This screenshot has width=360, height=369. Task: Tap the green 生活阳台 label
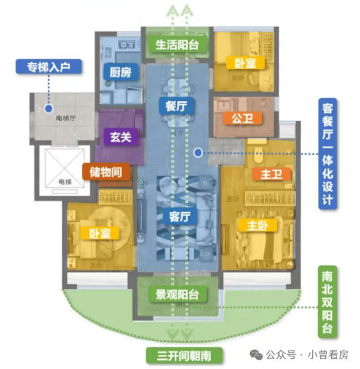[178, 44]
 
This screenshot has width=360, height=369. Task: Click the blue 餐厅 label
[177, 106]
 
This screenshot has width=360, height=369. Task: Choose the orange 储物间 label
[106, 172]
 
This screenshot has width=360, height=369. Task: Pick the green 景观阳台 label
[178, 295]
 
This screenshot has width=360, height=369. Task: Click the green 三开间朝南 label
[184, 356]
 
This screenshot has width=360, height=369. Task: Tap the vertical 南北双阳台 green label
[327, 302]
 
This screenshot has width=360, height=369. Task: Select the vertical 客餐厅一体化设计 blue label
[327, 154]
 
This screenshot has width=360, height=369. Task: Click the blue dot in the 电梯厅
[49, 109]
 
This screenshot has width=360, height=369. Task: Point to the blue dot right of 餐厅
[198, 153]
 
